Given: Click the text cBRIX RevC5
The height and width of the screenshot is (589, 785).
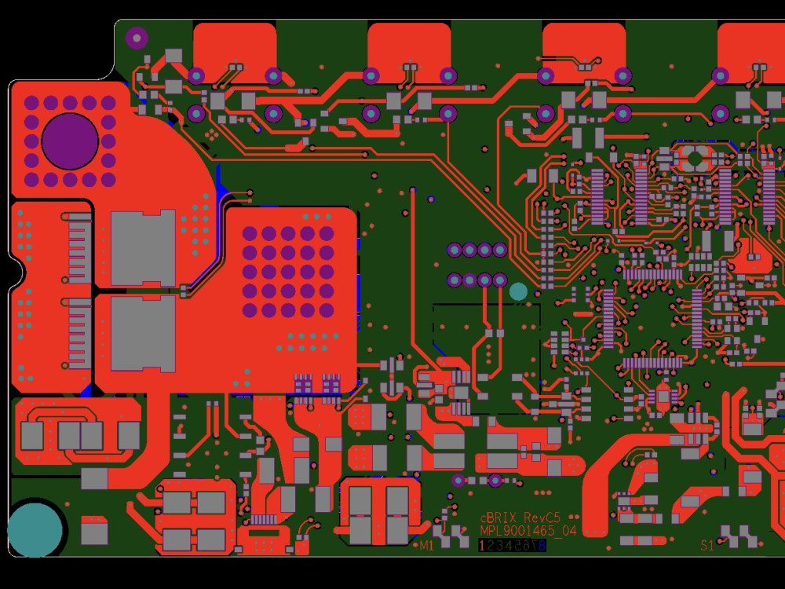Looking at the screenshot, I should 520,518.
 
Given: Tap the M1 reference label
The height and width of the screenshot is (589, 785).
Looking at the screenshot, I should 426,545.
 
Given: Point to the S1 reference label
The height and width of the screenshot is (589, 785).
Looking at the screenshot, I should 707,545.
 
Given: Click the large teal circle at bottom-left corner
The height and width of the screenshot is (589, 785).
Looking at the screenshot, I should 35,529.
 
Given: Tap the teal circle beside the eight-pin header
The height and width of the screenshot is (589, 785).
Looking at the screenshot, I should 518,291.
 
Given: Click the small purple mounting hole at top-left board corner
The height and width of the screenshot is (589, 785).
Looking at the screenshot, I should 137,37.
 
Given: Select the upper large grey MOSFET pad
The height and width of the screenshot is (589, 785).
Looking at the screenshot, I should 143,248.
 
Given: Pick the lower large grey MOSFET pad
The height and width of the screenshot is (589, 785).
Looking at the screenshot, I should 143,333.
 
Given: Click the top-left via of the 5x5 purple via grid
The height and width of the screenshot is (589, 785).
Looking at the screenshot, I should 250,233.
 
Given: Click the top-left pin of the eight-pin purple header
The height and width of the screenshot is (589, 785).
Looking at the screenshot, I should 454,250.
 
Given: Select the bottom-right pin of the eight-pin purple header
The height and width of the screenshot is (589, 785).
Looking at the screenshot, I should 499,280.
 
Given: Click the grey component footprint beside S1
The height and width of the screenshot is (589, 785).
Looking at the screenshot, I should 739,537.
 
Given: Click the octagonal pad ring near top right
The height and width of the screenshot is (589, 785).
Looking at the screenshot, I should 694,158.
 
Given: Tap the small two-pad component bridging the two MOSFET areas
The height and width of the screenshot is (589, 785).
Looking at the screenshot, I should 185,291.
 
